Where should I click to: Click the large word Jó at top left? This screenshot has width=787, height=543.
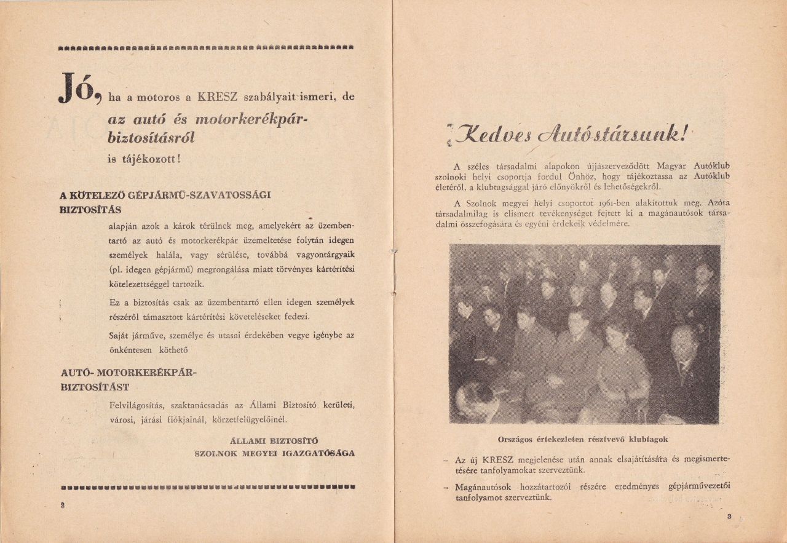(79, 88)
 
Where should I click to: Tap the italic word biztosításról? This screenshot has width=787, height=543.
(151, 138)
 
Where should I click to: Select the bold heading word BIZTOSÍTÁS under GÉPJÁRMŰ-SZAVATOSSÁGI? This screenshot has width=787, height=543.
(90, 210)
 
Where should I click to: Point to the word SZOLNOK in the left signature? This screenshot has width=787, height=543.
(215, 453)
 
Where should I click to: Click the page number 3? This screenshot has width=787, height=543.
(729, 517)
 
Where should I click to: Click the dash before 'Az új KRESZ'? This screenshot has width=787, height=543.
(445, 460)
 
